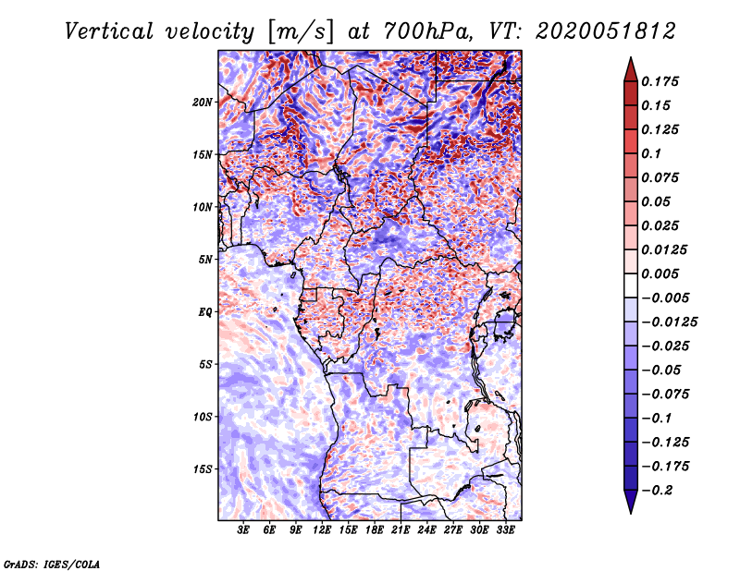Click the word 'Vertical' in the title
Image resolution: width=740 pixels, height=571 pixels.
(x=109, y=31)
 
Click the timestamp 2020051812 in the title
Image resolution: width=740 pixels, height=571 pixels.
(x=606, y=31)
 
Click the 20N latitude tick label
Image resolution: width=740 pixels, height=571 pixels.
(x=203, y=103)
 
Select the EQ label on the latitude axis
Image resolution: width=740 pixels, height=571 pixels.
(x=205, y=312)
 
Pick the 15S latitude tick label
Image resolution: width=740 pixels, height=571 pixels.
(x=203, y=469)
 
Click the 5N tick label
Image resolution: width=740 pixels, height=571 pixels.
(x=205, y=260)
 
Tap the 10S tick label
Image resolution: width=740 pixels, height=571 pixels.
(x=203, y=417)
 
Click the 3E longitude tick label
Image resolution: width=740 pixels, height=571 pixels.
(x=243, y=530)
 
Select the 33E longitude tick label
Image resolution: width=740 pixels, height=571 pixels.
(x=505, y=530)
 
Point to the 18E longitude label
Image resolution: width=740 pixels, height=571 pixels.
(x=375, y=530)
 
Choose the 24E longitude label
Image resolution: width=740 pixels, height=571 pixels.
(x=426, y=530)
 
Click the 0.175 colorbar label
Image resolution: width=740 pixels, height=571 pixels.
(x=660, y=81)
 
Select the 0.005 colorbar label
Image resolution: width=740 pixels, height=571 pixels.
(x=660, y=273)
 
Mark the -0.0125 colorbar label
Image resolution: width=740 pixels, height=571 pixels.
(x=669, y=322)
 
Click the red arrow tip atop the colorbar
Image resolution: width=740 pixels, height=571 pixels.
(x=631, y=58)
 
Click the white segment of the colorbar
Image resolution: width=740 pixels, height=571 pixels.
(x=631, y=285)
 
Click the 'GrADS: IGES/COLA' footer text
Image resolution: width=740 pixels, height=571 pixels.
(x=52, y=564)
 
